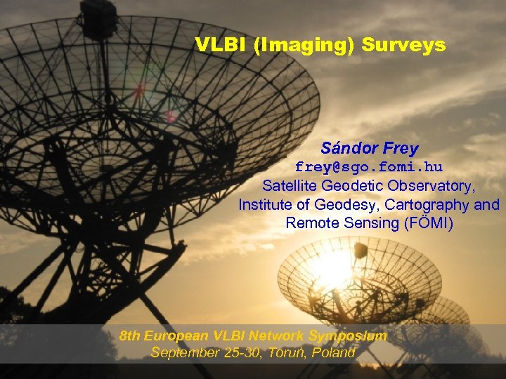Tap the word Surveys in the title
coord(403,45)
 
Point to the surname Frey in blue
coord(401,149)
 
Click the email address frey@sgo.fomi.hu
coord(368,167)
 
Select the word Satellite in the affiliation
coord(290,186)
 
